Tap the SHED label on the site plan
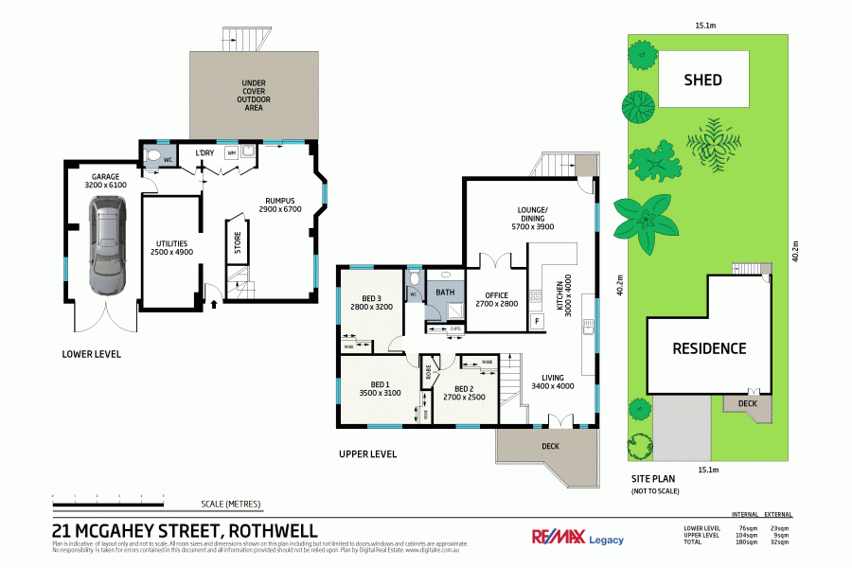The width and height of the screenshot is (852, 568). coord(702,80)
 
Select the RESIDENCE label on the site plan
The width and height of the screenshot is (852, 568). coord(709,348)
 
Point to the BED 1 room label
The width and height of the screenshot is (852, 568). coord(380,387)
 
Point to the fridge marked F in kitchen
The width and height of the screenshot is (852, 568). coord(538,321)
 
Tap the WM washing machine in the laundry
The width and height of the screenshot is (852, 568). coord(231,152)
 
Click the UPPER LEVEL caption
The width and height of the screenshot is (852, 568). coord(367,454)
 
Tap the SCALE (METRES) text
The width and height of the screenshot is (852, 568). coord(230,504)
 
